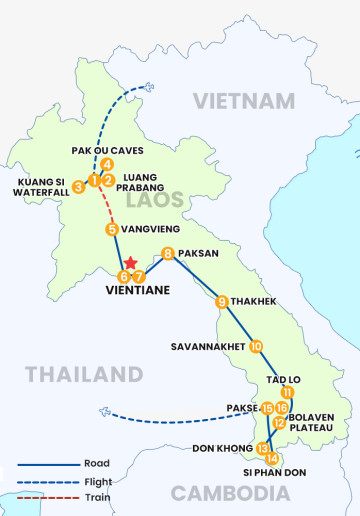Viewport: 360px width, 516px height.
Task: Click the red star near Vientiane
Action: coord(129,263)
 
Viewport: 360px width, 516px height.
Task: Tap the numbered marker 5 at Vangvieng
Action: coord(112,229)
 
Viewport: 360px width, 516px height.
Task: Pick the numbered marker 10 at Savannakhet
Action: coord(256,346)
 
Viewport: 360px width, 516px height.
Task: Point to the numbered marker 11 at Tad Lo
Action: coord(288,391)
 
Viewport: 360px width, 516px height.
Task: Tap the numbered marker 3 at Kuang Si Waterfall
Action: coord(78,186)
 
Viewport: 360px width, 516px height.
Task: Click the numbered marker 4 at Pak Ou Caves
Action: coord(106,165)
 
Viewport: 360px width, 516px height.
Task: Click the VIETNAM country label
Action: coord(244,101)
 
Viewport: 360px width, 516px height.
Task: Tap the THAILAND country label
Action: coord(84,374)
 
